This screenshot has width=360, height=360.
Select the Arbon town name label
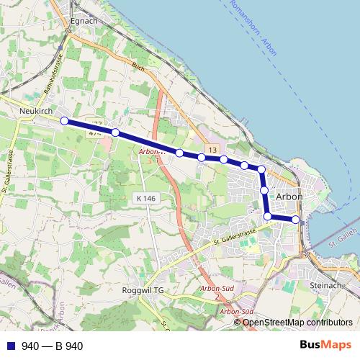tap(289, 196)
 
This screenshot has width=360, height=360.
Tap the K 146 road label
tap(145, 198)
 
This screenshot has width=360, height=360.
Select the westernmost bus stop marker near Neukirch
tap(64, 121)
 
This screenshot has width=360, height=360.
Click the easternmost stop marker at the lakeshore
tap(296, 219)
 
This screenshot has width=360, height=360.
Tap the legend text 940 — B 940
tap(53, 346)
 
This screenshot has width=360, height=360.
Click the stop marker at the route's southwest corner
tap(268, 216)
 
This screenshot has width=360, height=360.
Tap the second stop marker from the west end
tap(115, 132)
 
